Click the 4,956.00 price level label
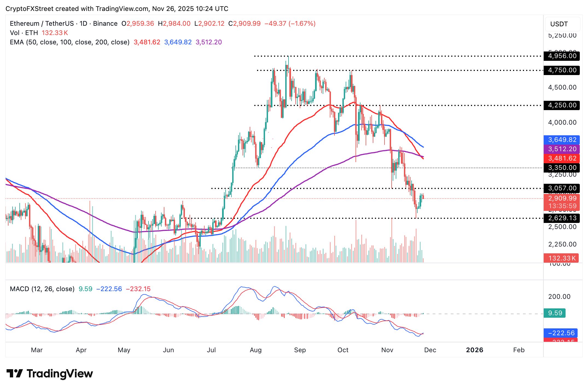click(562, 56)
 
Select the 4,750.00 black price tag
click(562, 70)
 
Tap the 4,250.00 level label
click(562, 105)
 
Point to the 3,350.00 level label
click(562, 168)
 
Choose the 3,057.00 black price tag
click(562, 188)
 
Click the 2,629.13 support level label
click(562, 218)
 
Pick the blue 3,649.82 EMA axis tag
click(562, 140)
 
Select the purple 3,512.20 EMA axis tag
click(562, 149)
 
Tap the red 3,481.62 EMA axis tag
click(562, 158)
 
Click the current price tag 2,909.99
click(562, 199)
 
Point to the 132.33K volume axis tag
click(561, 258)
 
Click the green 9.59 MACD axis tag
click(555, 313)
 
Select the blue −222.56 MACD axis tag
click(561, 333)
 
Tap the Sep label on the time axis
click(300, 350)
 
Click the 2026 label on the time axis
click(475, 350)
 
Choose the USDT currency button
click(562, 24)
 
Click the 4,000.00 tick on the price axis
click(562, 123)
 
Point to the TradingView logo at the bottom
click(50, 374)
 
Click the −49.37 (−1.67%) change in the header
click(290, 24)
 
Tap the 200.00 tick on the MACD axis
click(559, 297)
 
